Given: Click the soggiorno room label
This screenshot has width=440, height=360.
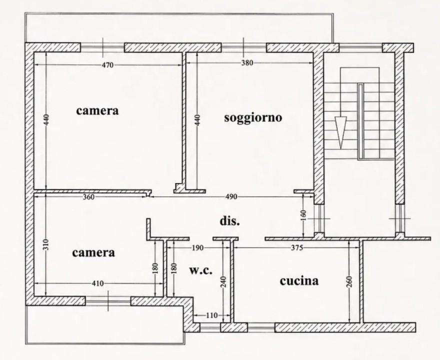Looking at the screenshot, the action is (x=253, y=117).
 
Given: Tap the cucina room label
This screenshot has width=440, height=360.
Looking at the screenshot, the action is (x=299, y=280).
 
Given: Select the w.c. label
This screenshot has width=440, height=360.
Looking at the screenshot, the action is (x=200, y=270).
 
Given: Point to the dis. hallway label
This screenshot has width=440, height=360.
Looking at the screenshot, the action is (x=229, y=221).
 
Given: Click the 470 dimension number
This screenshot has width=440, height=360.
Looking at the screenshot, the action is (x=107, y=65).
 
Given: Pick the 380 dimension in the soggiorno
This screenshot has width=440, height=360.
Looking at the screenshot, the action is (x=247, y=63).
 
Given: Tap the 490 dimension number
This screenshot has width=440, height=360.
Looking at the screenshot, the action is (x=231, y=196).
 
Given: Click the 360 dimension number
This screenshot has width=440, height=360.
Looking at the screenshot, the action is (x=88, y=197).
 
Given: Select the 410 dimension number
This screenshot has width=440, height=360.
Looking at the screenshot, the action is (x=98, y=283).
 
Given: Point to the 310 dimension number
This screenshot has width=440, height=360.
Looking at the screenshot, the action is (x=46, y=244).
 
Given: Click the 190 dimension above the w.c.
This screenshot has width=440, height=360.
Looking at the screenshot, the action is (x=197, y=248).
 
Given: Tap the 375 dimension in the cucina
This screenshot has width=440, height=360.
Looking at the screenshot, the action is (x=297, y=248).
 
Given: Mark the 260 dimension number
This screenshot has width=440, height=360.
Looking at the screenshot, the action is (x=349, y=282).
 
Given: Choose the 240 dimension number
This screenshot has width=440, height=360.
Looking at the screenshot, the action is (x=223, y=281).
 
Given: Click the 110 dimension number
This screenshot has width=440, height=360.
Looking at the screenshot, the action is (x=211, y=315).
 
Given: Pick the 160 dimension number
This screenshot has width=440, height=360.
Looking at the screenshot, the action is (x=303, y=216).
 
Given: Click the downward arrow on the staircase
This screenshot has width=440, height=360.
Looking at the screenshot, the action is (x=340, y=132).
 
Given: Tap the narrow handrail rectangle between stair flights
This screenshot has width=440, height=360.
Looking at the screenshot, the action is (x=361, y=121).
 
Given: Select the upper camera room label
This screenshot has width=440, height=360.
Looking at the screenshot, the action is (x=97, y=111).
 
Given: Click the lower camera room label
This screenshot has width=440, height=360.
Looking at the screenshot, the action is (x=93, y=253).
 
